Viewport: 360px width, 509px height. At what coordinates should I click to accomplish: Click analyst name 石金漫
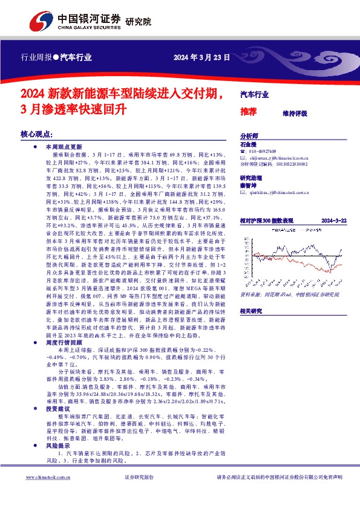click(x=248, y=144)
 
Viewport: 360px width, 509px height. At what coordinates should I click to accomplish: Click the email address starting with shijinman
click(x=278, y=157)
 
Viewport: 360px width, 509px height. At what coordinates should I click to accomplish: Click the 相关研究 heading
click(x=251, y=311)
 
